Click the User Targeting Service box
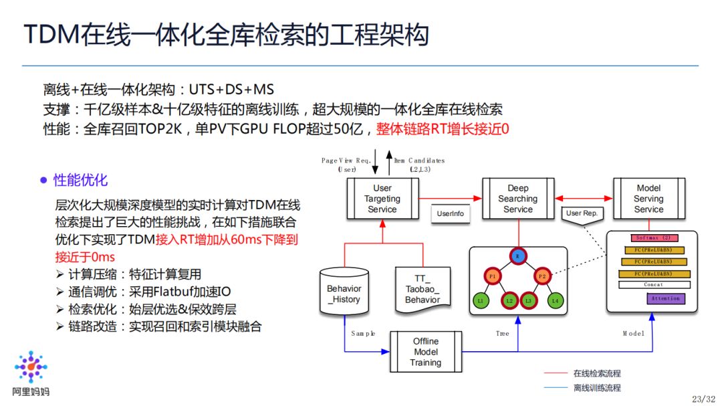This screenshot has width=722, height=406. click(x=382, y=199)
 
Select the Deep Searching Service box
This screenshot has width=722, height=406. click(x=517, y=199)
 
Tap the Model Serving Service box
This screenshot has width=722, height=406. click(x=648, y=199)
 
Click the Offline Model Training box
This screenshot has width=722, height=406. click(x=426, y=352)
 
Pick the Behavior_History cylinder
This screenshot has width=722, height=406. click(x=344, y=294)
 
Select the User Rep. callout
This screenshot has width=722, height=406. click(x=581, y=214)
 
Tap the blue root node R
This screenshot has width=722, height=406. click(x=518, y=255)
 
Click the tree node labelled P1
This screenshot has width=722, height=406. click(x=492, y=276)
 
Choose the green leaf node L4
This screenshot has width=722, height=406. click(x=554, y=302)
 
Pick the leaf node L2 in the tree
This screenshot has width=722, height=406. click(x=509, y=302)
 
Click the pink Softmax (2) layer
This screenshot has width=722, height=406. click(x=652, y=237)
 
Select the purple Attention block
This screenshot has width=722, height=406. click(x=665, y=298)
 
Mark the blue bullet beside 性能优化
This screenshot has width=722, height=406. click(x=43, y=181)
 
